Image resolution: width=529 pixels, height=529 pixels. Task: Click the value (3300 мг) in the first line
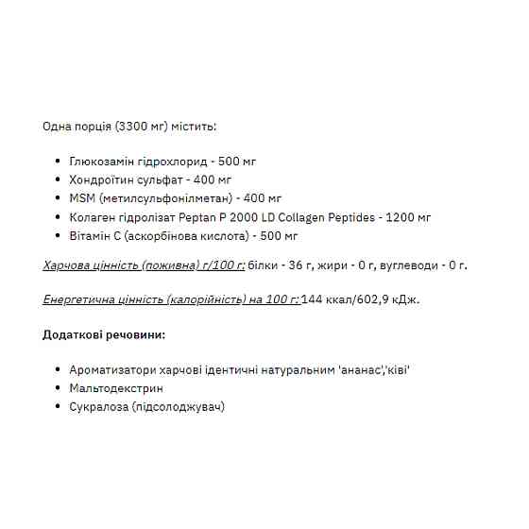point(142,126)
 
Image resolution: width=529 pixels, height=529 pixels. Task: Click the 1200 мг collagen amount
point(406,217)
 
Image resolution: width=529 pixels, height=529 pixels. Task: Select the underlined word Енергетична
point(79,299)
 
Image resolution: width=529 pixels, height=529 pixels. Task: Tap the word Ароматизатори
point(114,369)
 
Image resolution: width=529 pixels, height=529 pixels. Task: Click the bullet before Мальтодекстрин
point(59,388)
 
